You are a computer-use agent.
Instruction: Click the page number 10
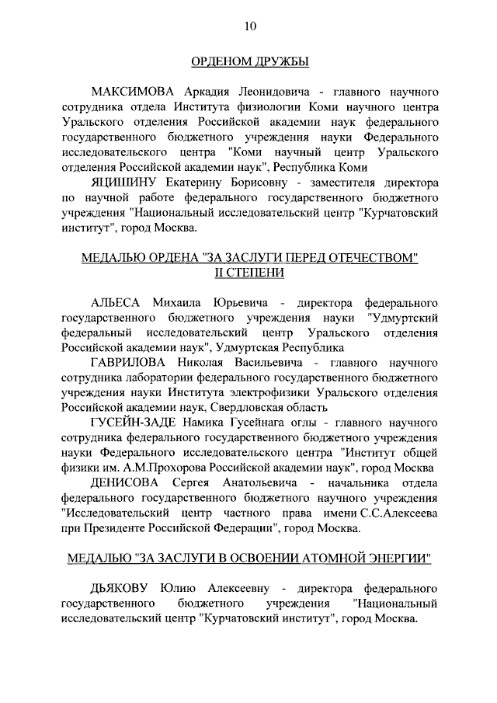tap(249, 26)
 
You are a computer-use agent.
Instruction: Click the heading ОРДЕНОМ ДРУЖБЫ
tap(248, 61)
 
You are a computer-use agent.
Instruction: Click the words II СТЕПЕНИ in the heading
tap(249, 273)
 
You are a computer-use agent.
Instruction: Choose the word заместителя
tap(351, 183)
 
